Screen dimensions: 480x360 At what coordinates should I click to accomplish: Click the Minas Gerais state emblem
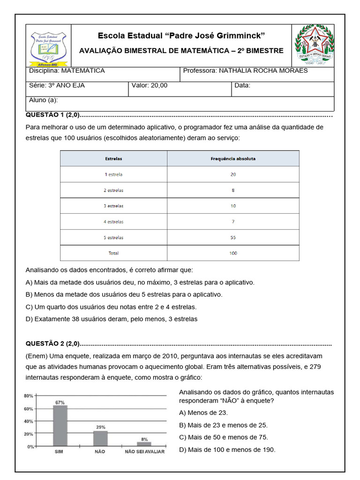click(x=314, y=45)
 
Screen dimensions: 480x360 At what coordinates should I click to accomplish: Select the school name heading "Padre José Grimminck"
click(x=181, y=36)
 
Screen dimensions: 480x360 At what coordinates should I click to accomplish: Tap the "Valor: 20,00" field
click(x=150, y=85)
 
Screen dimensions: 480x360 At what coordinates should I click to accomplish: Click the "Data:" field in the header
click(x=242, y=85)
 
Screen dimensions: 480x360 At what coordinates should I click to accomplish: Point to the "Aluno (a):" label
click(x=44, y=100)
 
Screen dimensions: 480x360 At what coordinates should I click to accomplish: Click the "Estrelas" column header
click(x=113, y=159)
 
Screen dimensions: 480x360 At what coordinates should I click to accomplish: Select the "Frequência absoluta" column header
click(x=233, y=159)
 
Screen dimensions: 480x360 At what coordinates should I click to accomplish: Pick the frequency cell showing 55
click(x=233, y=238)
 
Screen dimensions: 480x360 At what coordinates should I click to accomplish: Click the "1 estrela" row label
click(x=113, y=174)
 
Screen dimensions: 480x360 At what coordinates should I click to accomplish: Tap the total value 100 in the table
click(x=233, y=253)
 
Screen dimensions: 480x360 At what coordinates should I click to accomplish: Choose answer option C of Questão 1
click(x=111, y=307)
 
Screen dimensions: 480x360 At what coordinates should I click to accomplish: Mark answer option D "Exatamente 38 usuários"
click(x=112, y=319)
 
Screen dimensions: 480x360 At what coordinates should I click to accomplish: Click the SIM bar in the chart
click(x=60, y=426)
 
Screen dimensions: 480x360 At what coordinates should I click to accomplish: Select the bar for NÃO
click(x=100, y=438)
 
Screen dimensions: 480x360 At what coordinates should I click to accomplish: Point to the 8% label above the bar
click(x=144, y=439)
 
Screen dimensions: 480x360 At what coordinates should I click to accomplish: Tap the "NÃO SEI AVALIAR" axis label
click(x=144, y=452)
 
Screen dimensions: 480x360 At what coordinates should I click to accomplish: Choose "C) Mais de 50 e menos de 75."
click(x=224, y=437)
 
